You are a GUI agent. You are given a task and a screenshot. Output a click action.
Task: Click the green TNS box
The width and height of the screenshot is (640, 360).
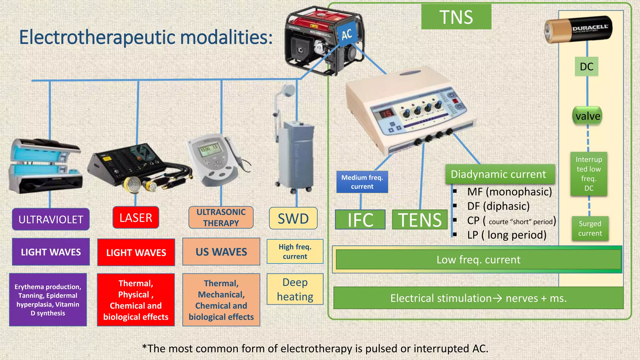pos(456,17)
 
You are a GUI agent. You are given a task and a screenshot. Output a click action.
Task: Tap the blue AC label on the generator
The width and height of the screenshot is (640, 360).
pos(347,34)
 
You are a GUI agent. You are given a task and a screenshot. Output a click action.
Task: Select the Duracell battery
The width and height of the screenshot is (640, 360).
pos(578,29)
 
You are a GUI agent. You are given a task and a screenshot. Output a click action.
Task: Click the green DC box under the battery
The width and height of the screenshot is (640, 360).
pos(587,67)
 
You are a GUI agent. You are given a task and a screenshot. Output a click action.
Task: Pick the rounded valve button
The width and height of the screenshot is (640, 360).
pos(587,116)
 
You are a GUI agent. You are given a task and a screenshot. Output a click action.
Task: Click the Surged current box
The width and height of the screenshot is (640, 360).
pos(590,228)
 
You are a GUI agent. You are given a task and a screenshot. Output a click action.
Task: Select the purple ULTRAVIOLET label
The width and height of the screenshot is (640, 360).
pos(51,219)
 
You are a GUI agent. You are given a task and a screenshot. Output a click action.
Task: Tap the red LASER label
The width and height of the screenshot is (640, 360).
pos(136,217)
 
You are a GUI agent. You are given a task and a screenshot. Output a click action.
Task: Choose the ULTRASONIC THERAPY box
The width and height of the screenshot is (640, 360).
pos(221,217)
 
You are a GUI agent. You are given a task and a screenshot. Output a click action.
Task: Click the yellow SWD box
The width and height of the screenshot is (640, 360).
pos(293,218)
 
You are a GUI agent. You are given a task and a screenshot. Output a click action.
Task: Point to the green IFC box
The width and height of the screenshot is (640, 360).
pos(360,220)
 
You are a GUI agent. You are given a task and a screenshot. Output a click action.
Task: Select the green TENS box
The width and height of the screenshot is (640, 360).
pos(420,220)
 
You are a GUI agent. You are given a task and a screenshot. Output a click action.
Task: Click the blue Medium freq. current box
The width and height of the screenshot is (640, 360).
pos(362,182)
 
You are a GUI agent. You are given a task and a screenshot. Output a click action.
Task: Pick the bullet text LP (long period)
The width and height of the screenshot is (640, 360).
pos(507,235)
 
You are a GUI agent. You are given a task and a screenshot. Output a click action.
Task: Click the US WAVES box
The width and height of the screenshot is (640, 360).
pos(221,252)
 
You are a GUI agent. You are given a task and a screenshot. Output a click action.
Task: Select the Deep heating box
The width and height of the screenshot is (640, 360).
pos(295,289)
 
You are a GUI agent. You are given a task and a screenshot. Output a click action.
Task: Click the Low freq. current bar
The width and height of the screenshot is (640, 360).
pos(478,259)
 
